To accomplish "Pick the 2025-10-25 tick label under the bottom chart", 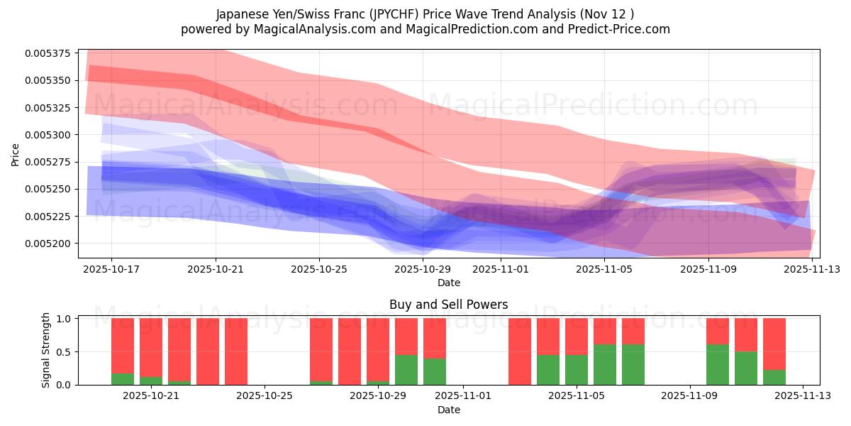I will [264, 396].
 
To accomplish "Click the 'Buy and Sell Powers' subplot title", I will [448, 305].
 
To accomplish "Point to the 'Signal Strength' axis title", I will [46, 350].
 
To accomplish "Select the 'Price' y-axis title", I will [16, 153].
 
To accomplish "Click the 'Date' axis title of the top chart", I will [448, 283].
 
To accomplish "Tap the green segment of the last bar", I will [774, 377].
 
